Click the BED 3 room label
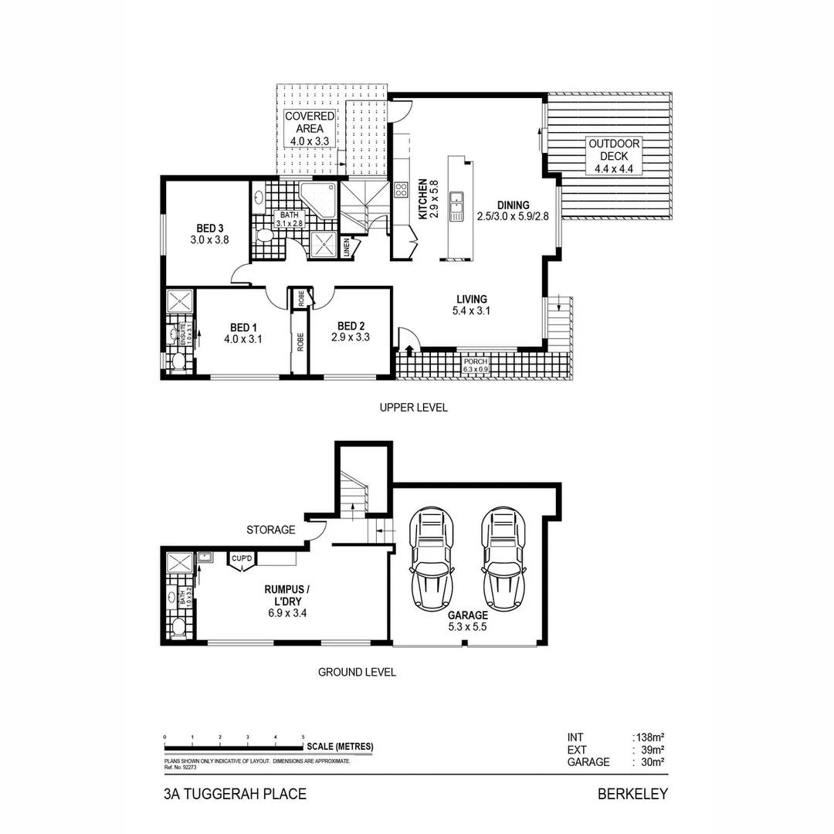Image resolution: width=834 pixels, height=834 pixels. click(x=209, y=234)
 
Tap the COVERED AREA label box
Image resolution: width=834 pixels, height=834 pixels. click(x=310, y=129)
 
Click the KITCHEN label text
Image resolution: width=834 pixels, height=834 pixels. click(x=424, y=200)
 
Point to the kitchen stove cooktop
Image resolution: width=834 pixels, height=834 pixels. click(x=402, y=190)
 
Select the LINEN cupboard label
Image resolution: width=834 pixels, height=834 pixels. click(x=347, y=247)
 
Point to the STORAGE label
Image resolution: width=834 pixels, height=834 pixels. click(x=270, y=530)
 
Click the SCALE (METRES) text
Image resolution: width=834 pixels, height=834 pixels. click(x=340, y=747)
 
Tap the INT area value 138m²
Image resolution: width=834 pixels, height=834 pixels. click(x=649, y=737)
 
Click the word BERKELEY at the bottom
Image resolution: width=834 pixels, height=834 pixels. click(x=632, y=794)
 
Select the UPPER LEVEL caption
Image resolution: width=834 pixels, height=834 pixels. click(x=413, y=408)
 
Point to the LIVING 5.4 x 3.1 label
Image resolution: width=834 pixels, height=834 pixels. click(x=471, y=305)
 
